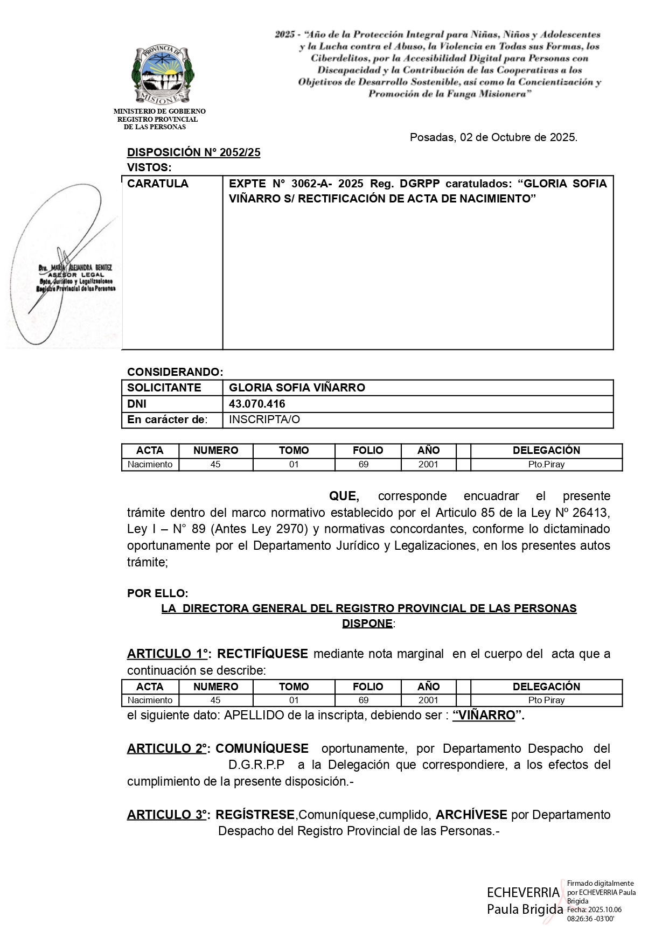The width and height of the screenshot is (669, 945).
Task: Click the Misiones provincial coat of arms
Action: [163, 74]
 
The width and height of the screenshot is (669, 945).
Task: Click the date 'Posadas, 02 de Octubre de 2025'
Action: [493, 137]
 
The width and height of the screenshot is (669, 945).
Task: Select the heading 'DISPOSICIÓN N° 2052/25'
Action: [193, 152]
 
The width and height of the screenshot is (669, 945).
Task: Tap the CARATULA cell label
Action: [158, 184]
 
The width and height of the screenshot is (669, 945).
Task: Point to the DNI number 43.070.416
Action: [257, 404]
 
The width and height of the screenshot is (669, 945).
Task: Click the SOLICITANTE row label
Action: [164, 388]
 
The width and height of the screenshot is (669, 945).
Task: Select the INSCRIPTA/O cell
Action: [264, 419]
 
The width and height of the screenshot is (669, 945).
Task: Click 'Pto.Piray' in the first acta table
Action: [546, 464]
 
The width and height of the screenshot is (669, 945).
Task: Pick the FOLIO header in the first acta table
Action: [368, 450]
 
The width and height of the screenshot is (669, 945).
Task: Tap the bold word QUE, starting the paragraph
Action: [344, 496]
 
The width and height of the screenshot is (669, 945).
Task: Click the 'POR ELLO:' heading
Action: [158, 593]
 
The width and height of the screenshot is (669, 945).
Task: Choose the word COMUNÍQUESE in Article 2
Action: [262, 748]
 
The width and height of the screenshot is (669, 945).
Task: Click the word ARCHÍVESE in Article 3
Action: [471, 815]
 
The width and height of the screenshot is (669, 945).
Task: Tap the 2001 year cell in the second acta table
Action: [428, 700]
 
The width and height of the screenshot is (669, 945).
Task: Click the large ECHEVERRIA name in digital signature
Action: [523, 892]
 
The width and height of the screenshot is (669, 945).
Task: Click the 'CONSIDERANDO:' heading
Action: [175, 372]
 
